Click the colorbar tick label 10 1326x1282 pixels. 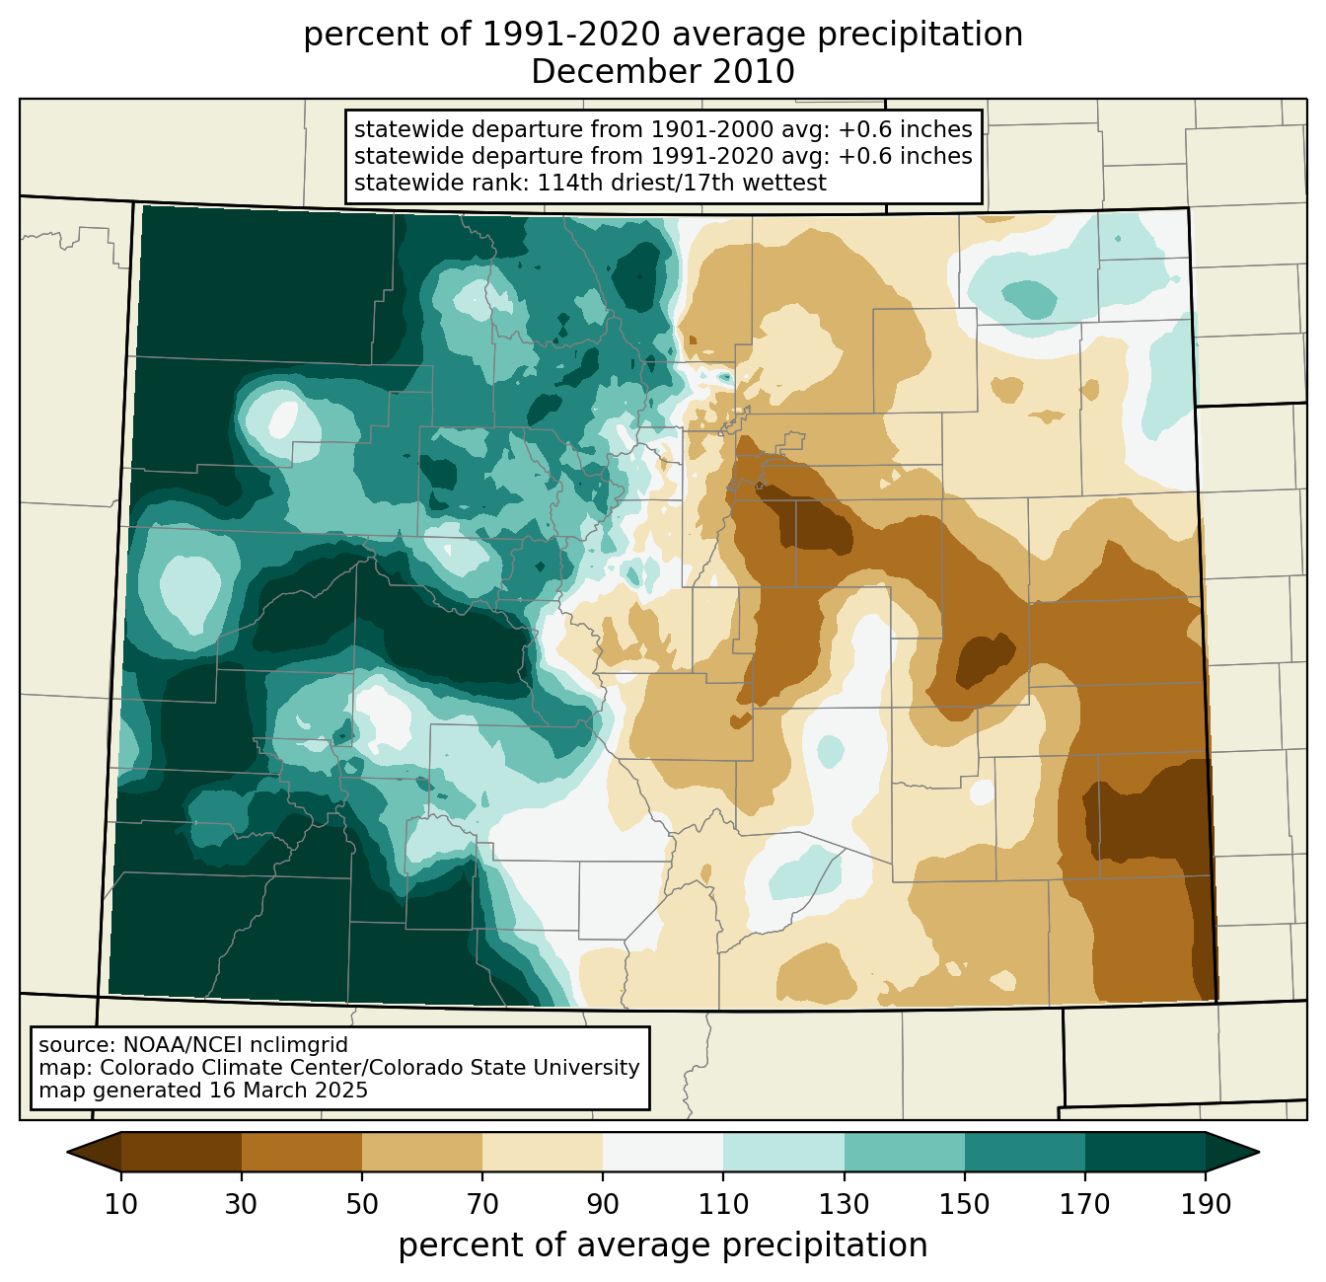(121, 1205)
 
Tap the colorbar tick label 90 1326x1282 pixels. (603, 1205)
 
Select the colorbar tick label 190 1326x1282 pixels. (1206, 1205)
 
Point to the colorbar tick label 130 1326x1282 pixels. (845, 1205)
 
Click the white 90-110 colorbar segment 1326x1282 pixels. (663, 1152)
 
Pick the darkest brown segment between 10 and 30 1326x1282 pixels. (182, 1152)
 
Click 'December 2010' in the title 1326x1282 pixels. (663, 72)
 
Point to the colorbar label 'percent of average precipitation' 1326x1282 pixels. (663, 1245)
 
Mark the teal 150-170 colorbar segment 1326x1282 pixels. (1025, 1152)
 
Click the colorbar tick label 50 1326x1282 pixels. (362, 1205)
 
